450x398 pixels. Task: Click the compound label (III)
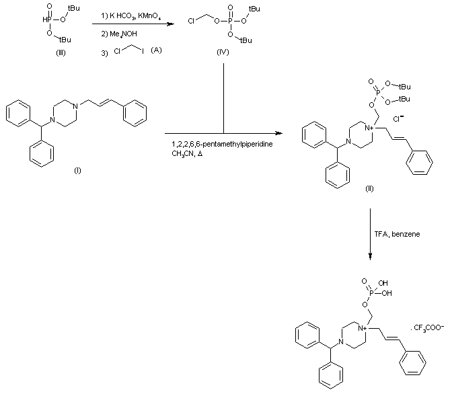click(61, 54)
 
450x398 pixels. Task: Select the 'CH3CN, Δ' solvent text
click(188, 154)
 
